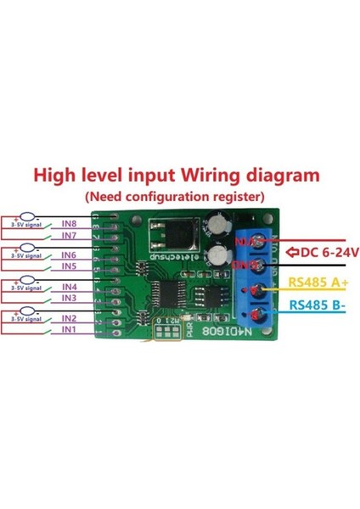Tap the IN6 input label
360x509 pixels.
[x=71, y=254]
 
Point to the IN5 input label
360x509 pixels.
[x=71, y=266]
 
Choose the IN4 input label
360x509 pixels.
[x=71, y=286]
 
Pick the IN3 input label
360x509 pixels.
[x=71, y=298]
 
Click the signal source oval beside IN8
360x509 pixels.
[x=29, y=219]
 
